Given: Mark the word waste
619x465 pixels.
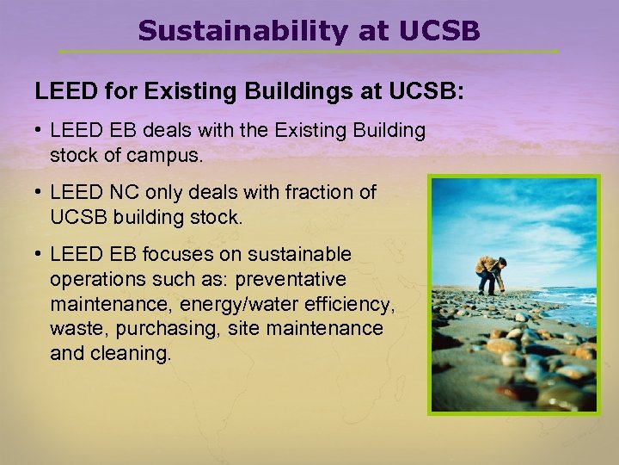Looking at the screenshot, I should click(72, 328).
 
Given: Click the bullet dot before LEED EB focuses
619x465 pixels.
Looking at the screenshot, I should click(40, 255).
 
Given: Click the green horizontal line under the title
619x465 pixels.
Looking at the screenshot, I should click(309, 51).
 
